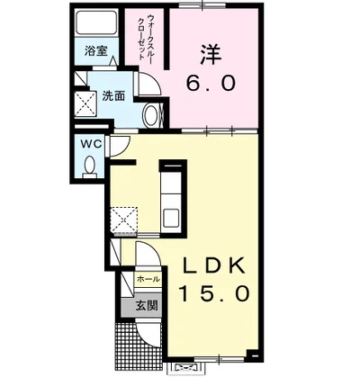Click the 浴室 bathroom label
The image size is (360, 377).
pyautogui.click(x=94, y=51)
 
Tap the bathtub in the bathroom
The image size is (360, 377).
pyautogui.click(x=94, y=23)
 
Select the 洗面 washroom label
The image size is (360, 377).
pyautogui.click(x=112, y=96)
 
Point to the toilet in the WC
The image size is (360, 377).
pyautogui.click(x=90, y=165)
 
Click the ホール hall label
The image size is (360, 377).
pyautogui.click(x=147, y=280)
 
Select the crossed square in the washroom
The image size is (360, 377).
pyautogui.click(x=86, y=105)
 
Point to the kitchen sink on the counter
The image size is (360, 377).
pyautogui.click(x=171, y=216)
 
